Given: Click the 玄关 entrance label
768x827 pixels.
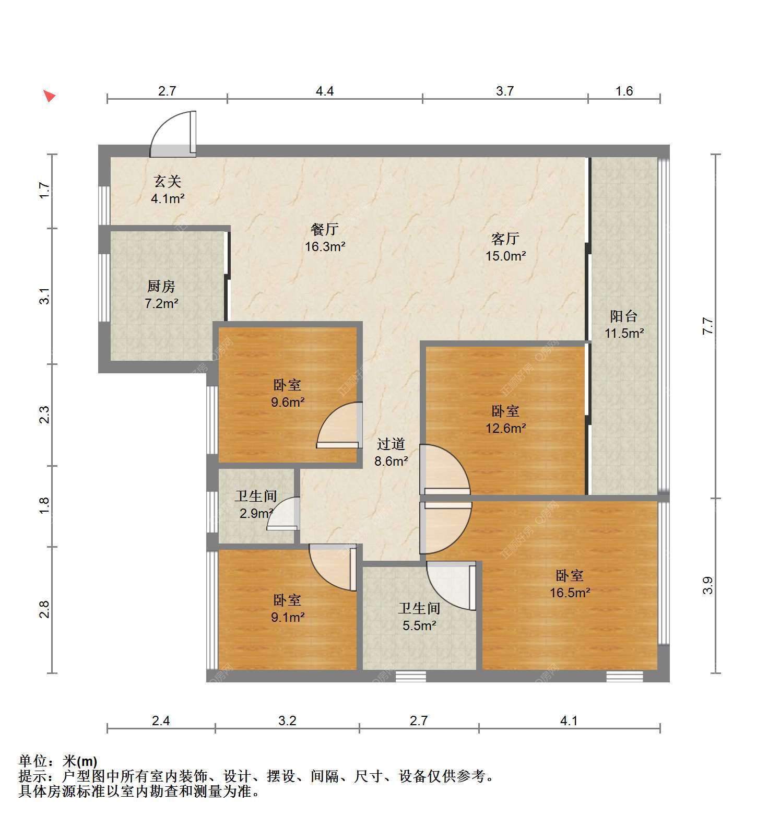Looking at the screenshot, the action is [x=168, y=181].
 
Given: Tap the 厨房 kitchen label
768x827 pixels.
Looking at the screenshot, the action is [x=161, y=286].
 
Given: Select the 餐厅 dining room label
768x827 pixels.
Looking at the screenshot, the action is [x=325, y=229].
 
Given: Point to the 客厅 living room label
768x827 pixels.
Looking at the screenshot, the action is [x=505, y=239].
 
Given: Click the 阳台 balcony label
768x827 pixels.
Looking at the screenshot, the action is [x=624, y=316].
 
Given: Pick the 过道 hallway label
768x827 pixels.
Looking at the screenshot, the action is [x=391, y=444].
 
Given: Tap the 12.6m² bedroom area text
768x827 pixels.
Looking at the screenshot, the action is [x=505, y=428].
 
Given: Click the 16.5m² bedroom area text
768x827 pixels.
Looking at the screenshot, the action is [x=570, y=593].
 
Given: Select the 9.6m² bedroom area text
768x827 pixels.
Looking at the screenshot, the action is [x=287, y=402].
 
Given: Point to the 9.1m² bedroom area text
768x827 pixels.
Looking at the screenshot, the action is [x=287, y=617].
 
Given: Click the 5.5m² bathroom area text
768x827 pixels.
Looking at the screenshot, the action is [x=419, y=625].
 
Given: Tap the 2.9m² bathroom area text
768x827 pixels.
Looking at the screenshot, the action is [x=256, y=513].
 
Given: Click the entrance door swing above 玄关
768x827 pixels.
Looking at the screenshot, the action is [x=173, y=134].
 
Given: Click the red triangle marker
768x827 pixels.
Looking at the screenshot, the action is [x=49, y=96].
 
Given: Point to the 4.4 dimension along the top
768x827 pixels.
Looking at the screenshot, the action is [x=325, y=91].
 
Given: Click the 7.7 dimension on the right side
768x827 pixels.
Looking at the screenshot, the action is [x=707, y=326].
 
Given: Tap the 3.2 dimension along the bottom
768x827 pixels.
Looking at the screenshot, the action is [x=287, y=720].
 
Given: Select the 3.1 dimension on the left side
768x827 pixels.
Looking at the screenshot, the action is [x=45, y=296].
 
